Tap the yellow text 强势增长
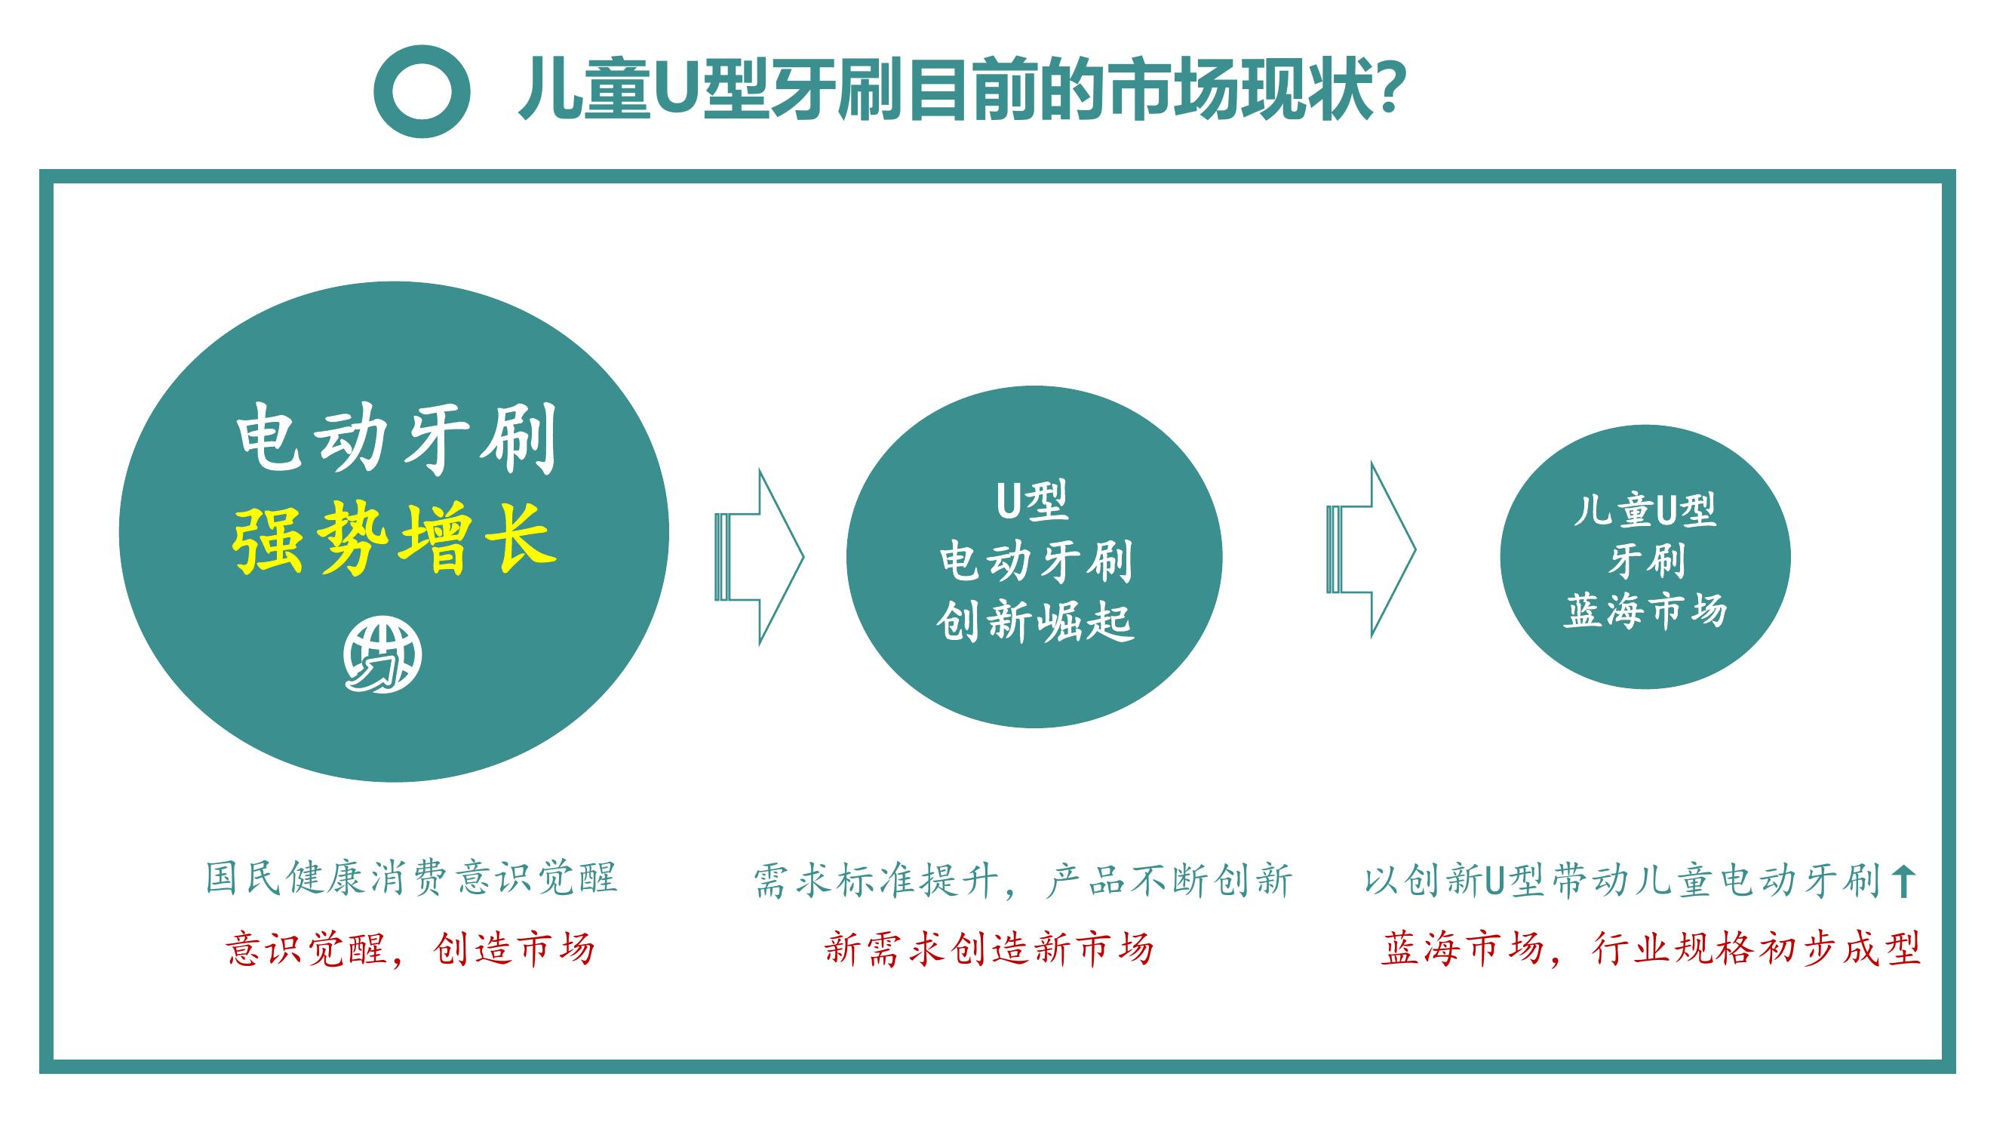point(395,538)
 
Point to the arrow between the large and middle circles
point(759,557)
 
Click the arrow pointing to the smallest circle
point(1372,549)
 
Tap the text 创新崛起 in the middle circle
point(1035,623)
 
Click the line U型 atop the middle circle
point(1033,501)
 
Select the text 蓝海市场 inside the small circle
point(1645,610)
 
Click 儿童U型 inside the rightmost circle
point(1645,510)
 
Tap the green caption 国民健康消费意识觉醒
point(412,878)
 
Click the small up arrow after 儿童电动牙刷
point(1903,881)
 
